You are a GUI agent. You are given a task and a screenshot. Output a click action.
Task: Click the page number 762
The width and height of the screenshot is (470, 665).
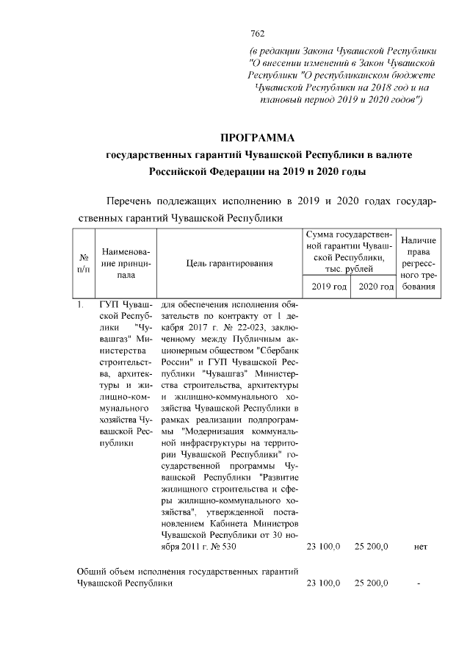pyautogui.click(x=257, y=33)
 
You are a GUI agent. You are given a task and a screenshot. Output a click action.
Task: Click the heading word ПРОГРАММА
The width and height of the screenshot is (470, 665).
pyautogui.click(x=257, y=138)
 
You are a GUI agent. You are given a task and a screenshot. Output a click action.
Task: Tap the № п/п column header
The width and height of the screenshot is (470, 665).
pyautogui.click(x=84, y=262)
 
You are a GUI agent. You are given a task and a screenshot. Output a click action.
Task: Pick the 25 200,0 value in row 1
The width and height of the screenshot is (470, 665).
pyautogui.click(x=372, y=547)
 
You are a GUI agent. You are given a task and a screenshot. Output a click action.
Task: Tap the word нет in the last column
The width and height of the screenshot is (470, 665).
pyautogui.click(x=420, y=547)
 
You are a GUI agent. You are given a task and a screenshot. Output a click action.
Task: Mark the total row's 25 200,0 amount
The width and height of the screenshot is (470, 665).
pyautogui.click(x=372, y=583)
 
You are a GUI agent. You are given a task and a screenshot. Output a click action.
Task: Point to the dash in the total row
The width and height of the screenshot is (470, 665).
pyautogui.click(x=419, y=583)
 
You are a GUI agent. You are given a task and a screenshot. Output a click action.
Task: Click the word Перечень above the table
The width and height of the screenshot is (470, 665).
pyautogui.click(x=132, y=201)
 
